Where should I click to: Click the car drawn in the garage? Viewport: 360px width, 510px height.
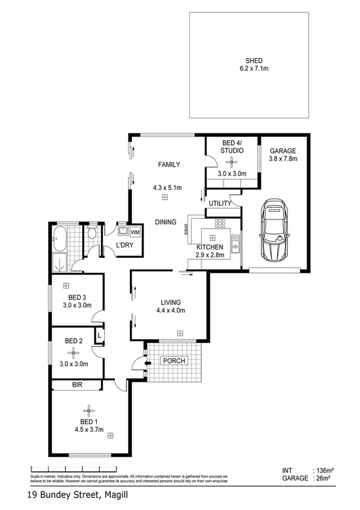[275, 232]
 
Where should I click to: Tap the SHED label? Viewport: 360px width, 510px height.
[253, 60]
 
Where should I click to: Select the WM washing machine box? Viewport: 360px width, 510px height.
[135, 232]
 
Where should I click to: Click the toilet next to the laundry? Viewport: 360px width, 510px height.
[92, 235]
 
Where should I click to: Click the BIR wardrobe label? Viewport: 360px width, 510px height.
[76, 385]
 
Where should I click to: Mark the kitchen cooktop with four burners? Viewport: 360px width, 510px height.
[220, 225]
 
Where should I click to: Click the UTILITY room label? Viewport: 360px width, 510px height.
[219, 204]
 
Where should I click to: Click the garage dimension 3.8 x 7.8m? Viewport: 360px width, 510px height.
[283, 159]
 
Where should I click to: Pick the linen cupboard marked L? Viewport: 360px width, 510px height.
[99, 334]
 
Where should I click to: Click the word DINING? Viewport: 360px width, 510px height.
[165, 222]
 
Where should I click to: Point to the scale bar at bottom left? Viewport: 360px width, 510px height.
[73, 467]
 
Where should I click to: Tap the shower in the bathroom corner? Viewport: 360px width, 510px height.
[60, 263]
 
